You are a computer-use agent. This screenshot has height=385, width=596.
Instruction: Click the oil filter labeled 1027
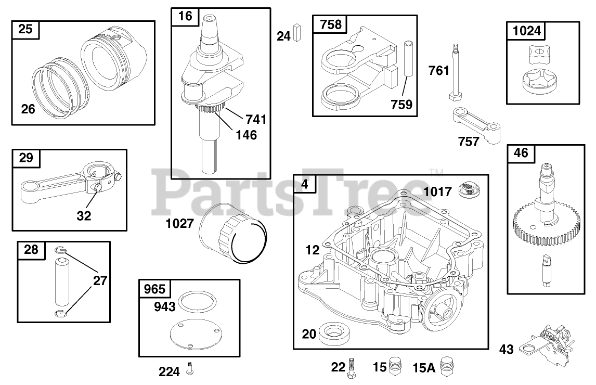[234, 234]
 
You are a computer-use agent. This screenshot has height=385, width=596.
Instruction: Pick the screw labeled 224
[189, 370]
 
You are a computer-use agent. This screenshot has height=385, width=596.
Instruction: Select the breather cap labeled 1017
[469, 190]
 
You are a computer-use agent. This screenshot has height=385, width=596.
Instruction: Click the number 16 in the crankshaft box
[185, 16]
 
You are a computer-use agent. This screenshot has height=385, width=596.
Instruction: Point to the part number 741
[256, 120]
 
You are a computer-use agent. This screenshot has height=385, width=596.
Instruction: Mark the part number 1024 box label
[526, 31]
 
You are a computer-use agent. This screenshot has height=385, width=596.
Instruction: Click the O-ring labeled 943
[197, 301]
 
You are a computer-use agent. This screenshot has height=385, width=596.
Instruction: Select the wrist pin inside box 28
[62, 281]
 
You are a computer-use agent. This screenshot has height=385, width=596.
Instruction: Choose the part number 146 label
[246, 135]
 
